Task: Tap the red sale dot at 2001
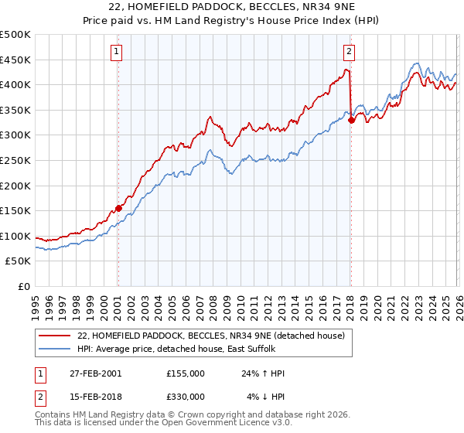pyautogui.click(x=118, y=208)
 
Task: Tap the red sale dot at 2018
pyautogui.click(x=351, y=120)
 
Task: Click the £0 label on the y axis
pyautogui.click(x=23, y=286)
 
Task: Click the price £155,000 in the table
pyautogui.click(x=186, y=373)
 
